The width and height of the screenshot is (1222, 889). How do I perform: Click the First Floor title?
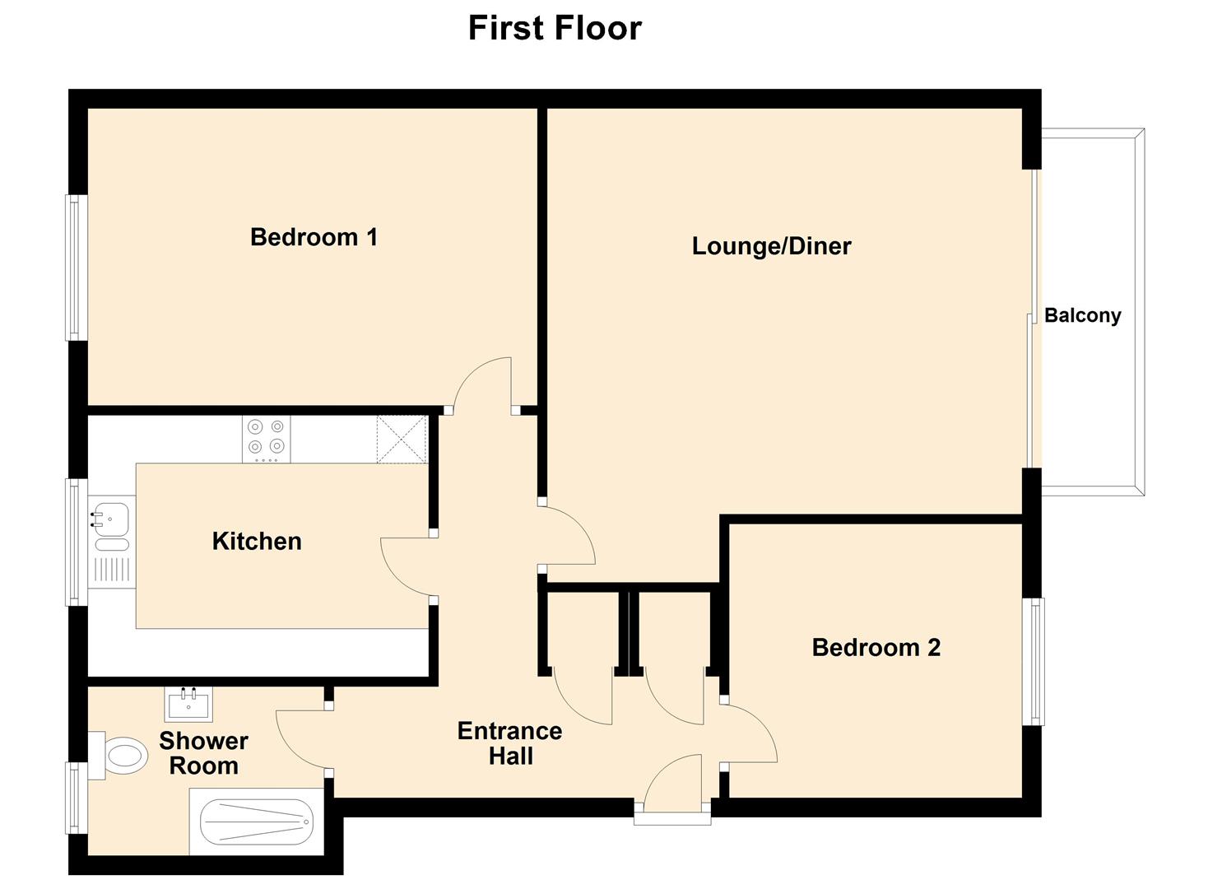(x=555, y=28)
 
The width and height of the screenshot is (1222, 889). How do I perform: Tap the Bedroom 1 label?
(x=314, y=237)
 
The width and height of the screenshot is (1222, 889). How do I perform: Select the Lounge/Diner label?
(x=771, y=246)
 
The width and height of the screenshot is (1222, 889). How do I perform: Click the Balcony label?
(x=1082, y=316)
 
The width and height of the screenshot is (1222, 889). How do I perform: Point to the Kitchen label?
(x=257, y=542)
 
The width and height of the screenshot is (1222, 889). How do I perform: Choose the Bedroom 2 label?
(x=876, y=648)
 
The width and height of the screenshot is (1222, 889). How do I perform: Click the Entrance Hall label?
(x=510, y=743)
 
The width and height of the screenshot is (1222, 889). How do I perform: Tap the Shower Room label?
(x=203, y=753)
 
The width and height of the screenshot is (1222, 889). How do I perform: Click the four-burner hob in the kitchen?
(x=266, y=439)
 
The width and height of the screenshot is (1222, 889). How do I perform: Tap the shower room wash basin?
(x=188, y=704)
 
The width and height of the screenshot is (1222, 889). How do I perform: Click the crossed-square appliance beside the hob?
(x=402, y=440)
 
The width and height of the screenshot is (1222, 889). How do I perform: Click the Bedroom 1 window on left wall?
(x=77, y=268)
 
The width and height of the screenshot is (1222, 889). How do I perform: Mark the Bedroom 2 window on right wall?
(x=1034, y=662)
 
